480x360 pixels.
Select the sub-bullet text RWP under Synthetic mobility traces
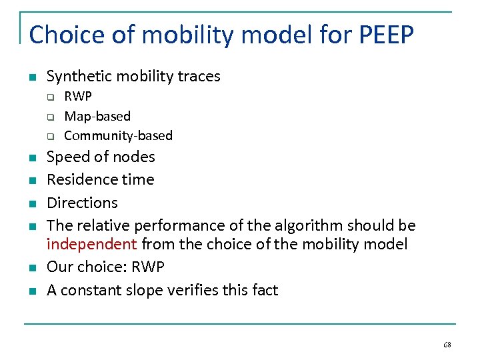78,97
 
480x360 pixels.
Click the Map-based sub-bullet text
97,116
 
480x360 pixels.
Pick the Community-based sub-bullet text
118,136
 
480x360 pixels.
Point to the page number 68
447,345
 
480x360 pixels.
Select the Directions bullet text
82,203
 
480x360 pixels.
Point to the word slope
139,291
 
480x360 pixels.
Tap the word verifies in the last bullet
186,291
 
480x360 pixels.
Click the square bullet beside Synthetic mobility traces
31,77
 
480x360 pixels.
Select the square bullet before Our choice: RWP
31,268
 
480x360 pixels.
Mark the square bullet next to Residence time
31,181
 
